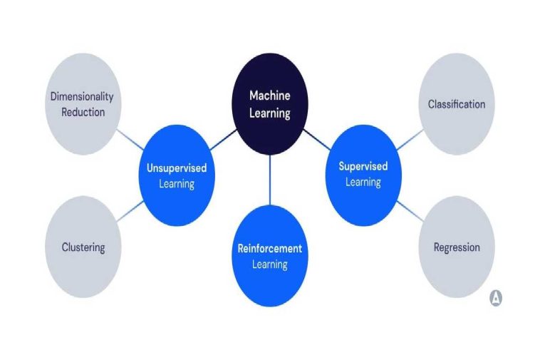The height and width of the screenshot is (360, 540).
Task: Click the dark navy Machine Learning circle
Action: click(x=270, y=104)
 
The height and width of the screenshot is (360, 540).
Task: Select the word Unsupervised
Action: click(x=177, y=168)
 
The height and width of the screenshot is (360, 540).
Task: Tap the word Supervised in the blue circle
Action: click(x=363, y=166)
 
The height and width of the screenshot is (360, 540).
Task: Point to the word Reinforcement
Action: click(x=270, y=249)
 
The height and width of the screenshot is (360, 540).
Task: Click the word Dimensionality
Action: click(x=82, y=97)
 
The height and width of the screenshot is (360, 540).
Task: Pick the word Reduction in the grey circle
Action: click(x=83, y=112)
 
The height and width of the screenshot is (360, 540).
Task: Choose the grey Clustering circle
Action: click(x=83, y=247)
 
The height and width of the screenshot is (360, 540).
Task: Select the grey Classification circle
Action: click(x=457, y=104)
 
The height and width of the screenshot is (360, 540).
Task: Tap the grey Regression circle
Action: click(x=457, y=247)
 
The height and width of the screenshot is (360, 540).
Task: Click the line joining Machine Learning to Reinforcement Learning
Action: click(x=270, y=179)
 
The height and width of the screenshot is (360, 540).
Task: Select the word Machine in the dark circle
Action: click(x=270, y=96)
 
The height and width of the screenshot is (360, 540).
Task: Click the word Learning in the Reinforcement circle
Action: click(x=270, y=264)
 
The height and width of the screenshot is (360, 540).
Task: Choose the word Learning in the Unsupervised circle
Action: click(x=177, y=183)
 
